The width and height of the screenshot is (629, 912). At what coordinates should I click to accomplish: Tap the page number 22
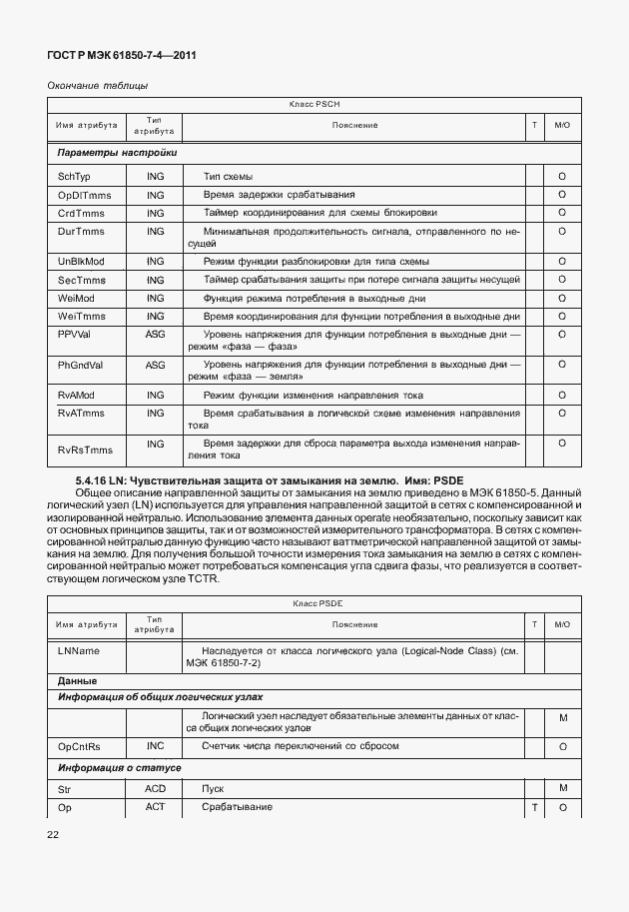tap(54, 832)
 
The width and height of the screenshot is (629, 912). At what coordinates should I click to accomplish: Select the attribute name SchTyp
tap(74, 176)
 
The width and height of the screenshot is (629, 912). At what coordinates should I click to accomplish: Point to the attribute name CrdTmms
tap(81, 213)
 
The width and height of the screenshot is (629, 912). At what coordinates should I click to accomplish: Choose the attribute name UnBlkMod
tap(81, 261)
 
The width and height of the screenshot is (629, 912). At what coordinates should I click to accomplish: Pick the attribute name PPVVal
tap(76, 335)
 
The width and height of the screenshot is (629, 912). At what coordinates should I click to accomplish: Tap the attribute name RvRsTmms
tap(83, 443)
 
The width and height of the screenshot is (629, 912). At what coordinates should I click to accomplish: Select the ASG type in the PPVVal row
tap(155, 335)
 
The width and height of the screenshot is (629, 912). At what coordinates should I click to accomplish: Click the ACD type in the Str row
tap(155, 788)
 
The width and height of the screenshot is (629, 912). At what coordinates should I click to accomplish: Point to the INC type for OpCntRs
tap(155, 746)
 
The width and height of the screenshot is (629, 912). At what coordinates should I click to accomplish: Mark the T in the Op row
tap(534, 807)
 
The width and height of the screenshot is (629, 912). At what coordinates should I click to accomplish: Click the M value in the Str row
tap(563, 788)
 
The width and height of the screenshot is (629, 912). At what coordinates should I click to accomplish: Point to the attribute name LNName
tap(79, 650)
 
